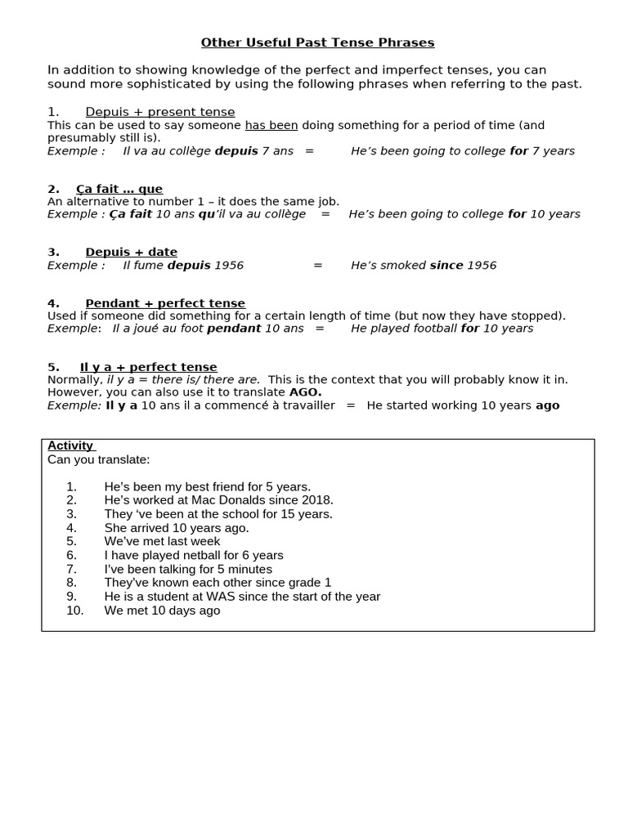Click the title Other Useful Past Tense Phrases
coord(317,43)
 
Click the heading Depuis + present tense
coord(159,112)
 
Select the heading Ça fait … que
coord(119,189)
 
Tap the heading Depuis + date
coord(131,252)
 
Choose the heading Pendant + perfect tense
coord(165,303)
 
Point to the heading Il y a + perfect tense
coord(148,367)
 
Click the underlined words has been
coord(271,125)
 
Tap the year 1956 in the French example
coord(229,265)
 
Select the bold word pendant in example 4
coord(234,329)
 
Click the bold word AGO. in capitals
coord(305,392)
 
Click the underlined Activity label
coord(70,445)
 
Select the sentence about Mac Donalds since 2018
coord(218,500)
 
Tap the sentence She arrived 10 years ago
coord(177,528)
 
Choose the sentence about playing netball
coord(194,555)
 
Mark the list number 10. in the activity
coord(74,611)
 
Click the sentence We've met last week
coord(162,541)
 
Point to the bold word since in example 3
coord(446,265)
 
